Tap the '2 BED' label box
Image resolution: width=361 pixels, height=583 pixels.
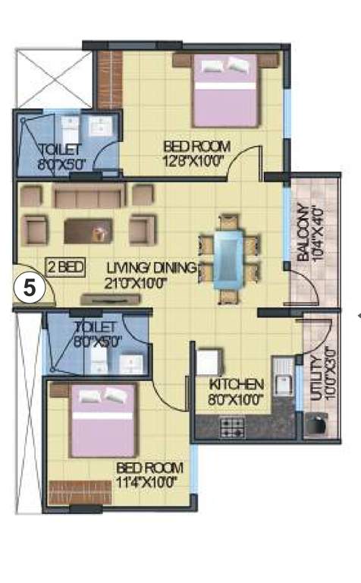64,266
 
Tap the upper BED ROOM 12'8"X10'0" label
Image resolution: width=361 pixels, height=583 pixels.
195,153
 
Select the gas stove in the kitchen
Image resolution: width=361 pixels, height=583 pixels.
231,427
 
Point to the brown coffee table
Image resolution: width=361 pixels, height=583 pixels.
88,229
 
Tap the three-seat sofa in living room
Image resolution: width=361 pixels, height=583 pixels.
88,197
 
